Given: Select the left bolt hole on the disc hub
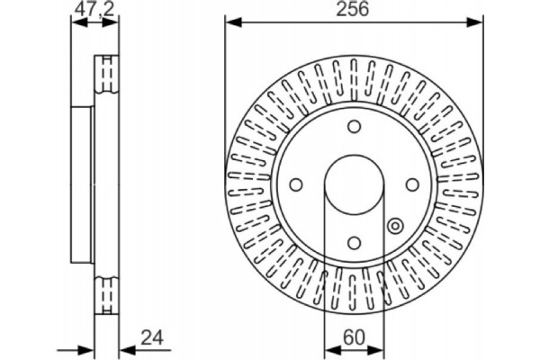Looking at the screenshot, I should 295,184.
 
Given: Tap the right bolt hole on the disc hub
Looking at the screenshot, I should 412,184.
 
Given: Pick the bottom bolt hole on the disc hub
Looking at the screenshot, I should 354,243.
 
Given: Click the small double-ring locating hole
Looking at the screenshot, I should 394,226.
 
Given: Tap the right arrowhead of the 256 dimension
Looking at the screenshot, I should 477,20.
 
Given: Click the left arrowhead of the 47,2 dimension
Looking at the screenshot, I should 75,20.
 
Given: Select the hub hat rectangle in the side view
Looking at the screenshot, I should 82,184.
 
